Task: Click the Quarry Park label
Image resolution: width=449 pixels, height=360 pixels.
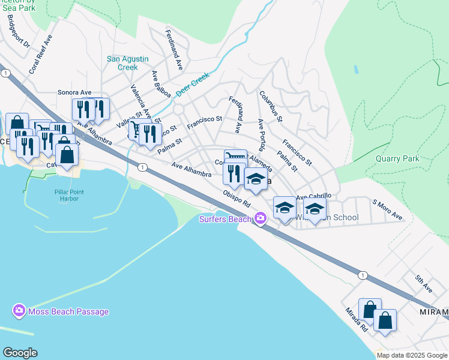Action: click(397, 159)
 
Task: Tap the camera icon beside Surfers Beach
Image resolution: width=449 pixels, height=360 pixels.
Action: click(261, 218)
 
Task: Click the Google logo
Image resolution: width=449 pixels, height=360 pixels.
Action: click(20, 353)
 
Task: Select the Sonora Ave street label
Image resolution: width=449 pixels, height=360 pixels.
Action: click(74, 92)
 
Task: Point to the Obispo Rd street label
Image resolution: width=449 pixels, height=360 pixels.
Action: click(236, 199)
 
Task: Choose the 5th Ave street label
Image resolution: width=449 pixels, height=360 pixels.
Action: click(423, 284)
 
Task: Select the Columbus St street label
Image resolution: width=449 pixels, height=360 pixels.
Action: click(271, 106)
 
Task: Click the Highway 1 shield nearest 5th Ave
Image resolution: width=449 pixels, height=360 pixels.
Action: click(363, 275)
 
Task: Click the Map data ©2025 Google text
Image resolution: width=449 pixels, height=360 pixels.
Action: click(412, 355)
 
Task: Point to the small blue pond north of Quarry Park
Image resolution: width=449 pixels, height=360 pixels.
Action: click(357, 68)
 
